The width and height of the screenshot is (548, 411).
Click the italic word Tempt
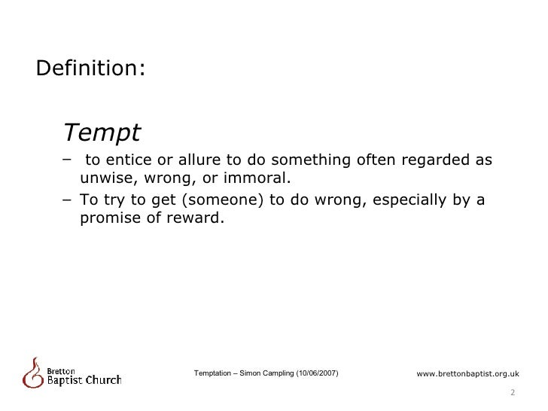point(102,132)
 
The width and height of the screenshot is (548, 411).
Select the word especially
point(410,200)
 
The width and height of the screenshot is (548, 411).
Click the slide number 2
point(513,392)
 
